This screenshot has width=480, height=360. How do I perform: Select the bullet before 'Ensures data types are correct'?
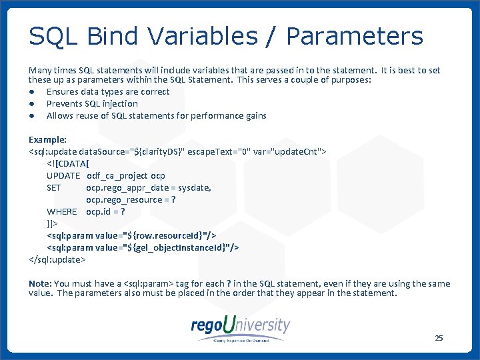point(31,92)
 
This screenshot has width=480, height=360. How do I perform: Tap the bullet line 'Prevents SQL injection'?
point(92,104)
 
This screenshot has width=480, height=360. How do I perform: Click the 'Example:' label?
point(47,140)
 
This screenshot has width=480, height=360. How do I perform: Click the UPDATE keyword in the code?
point(63,176)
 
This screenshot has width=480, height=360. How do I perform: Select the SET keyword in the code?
point(54,188)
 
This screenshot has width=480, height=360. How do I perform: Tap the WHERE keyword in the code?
point(62,212)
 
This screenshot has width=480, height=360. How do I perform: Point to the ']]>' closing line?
point(52,224)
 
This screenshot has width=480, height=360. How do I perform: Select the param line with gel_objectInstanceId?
point(143,248)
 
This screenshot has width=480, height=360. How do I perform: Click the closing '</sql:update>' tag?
point(57,260)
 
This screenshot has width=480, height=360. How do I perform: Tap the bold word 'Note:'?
point(40,284)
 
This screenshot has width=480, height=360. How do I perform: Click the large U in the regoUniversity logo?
point(229,325)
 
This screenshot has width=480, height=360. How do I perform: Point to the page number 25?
point(439,338)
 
